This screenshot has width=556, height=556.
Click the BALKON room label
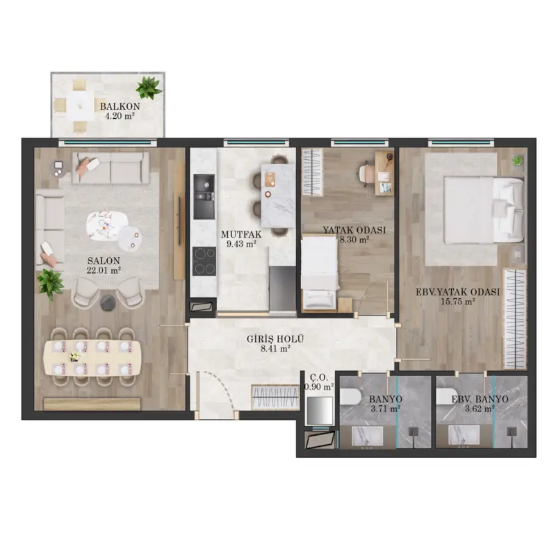[120, 106]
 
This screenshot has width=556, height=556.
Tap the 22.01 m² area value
[104, 270]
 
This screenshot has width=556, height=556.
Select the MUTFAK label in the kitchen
[241, 234]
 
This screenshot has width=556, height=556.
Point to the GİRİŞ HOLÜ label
[275, 339]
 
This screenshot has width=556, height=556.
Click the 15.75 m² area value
[458, 302]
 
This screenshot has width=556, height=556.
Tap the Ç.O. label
[319, 377]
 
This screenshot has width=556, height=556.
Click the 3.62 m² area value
[480, 409]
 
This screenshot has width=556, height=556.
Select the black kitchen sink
[204, 197]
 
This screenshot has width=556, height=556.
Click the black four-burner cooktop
[204, 261]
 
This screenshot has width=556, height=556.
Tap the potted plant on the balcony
[149, 88]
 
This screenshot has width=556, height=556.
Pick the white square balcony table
[81, 106]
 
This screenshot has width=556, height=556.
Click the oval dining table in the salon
[92, 357]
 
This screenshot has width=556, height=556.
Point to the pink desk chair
[365, 174]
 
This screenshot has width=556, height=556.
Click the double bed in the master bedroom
[484, 211]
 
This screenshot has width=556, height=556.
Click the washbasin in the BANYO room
[368, 436]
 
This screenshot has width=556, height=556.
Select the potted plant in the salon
[51, 284]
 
